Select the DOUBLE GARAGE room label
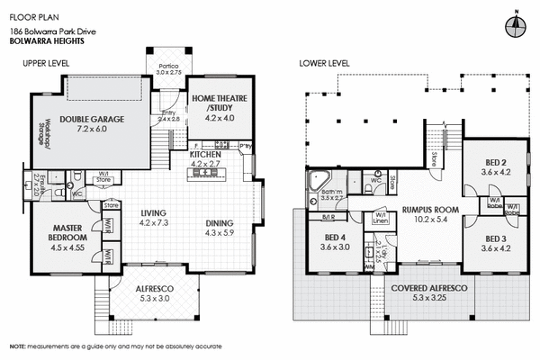click(92, 118)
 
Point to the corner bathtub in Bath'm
click(318, 179)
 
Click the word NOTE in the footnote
click(17, 346)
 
